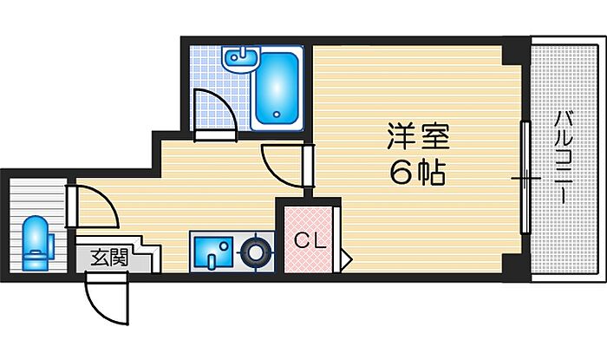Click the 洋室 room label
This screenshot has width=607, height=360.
(418, 136)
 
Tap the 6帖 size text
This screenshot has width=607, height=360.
(417, 173)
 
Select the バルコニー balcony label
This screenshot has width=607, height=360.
(562, 158)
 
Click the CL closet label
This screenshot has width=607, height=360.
(310, 241)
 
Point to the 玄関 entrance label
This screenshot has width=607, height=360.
(109, 258)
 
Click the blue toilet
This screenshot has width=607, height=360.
(37, 243)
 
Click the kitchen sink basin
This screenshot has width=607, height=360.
(213, 252)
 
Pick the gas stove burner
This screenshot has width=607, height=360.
(256, 252)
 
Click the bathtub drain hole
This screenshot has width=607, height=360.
(277, 115)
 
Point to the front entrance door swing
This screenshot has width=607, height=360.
(107, 298)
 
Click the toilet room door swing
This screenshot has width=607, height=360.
(93, 206)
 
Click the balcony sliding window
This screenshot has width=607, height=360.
(525, 178)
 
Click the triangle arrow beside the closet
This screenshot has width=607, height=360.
(346, 258)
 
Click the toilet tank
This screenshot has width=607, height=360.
(50, 244)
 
